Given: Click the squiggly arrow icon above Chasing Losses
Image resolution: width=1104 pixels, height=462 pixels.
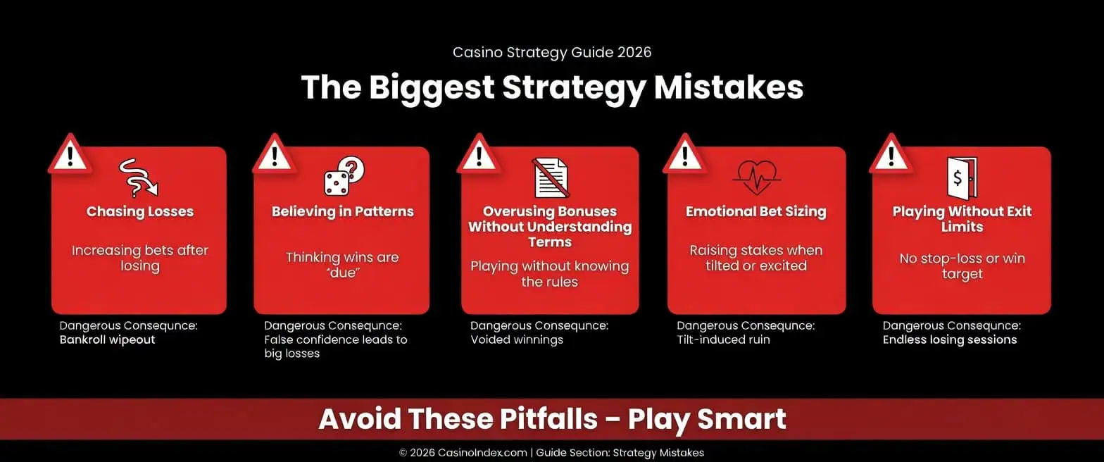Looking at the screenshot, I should click(138, 177).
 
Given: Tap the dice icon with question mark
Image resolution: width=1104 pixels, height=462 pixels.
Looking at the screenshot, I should click(343, 177).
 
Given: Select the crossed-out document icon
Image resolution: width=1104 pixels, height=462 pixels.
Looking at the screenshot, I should click(551, 177).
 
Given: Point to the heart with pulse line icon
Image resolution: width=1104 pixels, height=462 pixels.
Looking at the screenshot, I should click(755, 177).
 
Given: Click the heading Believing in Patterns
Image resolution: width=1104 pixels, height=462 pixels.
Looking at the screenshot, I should click(343, 211).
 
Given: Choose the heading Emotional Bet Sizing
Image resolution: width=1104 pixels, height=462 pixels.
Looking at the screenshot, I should click(755, 211).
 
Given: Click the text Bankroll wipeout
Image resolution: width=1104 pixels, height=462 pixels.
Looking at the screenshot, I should click(107, 339).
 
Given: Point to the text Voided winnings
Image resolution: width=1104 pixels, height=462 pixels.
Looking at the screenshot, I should click(517, 339).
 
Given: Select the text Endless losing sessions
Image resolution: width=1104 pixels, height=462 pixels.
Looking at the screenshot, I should click(950, 339).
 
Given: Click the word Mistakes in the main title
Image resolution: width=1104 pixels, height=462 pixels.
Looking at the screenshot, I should click(728, 88).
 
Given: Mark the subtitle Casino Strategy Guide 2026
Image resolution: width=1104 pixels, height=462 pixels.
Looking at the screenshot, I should click(552, 52).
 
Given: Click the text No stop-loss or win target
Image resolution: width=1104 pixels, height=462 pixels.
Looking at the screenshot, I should click(962, 266).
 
